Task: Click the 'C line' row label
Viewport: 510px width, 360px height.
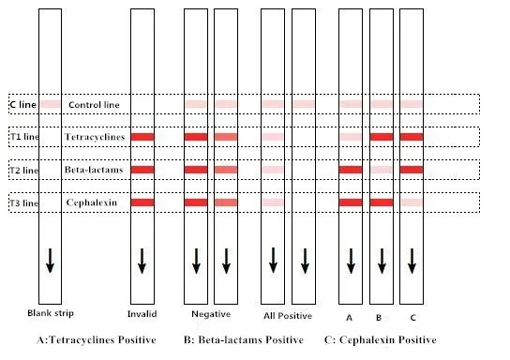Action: [x=22, y=105]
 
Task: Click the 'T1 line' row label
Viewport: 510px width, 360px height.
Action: [x=24, y=138]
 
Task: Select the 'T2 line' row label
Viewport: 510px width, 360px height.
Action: [x=24, y=171]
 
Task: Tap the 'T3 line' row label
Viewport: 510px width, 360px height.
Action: [x=24, y=202]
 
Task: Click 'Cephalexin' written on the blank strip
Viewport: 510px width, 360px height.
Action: [x=90, y=202]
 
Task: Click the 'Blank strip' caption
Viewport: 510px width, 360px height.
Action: [x=51, y=312]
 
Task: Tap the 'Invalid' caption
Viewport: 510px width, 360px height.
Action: [x=142, y=312]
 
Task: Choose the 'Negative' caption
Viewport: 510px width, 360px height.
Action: [x=211, y=312]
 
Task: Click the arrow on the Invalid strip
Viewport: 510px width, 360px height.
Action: [x=142, y=261]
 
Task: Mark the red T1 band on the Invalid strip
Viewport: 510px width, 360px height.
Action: [x=142, y=137]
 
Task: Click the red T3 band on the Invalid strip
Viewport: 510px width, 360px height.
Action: [x=142, y=202]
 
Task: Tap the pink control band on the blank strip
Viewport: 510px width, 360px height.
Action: [x=50, y=104]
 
